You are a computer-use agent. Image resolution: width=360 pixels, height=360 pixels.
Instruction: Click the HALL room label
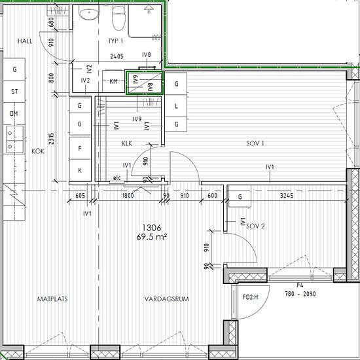[x=25, y=41]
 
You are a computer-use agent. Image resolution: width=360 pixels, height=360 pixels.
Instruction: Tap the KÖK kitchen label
[x=38, y=151]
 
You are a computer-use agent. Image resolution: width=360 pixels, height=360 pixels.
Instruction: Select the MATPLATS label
[x=52, y=299]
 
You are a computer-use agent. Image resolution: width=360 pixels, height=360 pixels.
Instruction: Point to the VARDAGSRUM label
[x=166, y=299]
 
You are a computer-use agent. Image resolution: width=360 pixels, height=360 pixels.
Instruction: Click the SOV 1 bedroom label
[x=255, y=143]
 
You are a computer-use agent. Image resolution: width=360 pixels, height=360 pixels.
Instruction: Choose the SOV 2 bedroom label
[x=255, y=226]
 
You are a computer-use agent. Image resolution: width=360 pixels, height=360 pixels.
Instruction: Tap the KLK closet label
[x=127, y=143]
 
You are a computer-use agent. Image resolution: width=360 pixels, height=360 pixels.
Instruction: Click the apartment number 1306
[x=152, y=228]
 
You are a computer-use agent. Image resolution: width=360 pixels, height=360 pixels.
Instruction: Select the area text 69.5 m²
[x=152, y=237]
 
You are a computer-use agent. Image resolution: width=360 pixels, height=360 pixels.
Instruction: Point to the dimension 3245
[x=287, y=196]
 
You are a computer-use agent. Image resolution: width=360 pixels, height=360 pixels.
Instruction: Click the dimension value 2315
[x=51, y=139]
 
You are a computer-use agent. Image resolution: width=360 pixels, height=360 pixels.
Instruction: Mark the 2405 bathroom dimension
[x=117, y=56]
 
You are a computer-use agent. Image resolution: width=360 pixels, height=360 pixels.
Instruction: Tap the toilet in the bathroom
[x=118, y=18]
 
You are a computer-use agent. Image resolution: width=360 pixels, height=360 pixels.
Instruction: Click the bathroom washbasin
[x=89, y=13]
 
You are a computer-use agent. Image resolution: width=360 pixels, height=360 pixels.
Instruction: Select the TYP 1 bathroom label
[x=115, y=41]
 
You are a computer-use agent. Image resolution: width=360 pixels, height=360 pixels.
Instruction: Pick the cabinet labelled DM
[x=14, y=113]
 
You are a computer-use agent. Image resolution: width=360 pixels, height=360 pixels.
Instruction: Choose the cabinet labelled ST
[x=14, y=92]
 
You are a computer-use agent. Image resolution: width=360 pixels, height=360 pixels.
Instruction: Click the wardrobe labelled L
[x=176, y=106]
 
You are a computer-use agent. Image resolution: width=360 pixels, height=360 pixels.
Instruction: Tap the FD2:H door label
[x=250, y=297]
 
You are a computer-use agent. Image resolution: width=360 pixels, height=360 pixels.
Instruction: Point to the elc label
[x=117, y=178]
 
